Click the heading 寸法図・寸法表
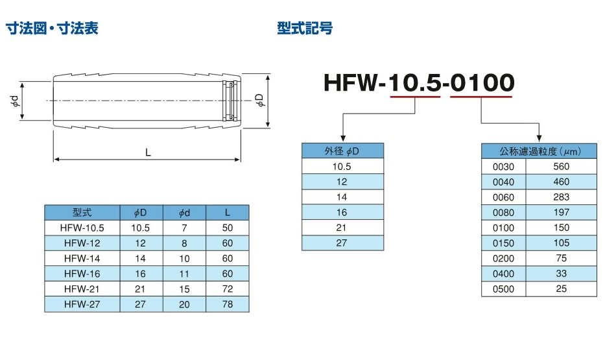tap(52, 29)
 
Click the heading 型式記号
tap(305, 29)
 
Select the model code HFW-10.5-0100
tap(418, 82)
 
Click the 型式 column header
tap(82, 212)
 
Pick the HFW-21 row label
tap(82, 289)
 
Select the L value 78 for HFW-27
tap(227, 304)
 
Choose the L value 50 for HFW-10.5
tap(227, 228)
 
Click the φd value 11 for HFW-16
tap(184, 274)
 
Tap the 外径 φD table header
tap(342, 150)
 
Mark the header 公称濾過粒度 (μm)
tap(539, 151)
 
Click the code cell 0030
tap(503, 167)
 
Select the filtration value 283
tap(561, 197)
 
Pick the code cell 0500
tap(503, 289)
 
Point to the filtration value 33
tap(561, 274)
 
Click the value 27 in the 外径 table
tap(342, 243)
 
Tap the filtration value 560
tap(561, 167)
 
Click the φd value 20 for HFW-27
tap(184, 304)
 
